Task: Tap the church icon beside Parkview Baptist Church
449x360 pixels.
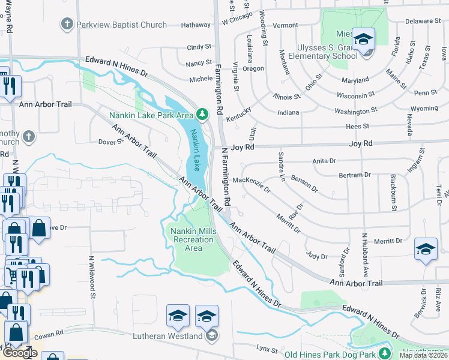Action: (x=67, y=25)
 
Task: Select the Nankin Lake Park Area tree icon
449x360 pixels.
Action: (x=202, y=113)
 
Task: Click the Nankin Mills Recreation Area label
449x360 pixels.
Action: (x=192, y=240)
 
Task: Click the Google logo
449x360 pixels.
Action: (x=20, y=353)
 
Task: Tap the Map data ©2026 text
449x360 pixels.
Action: (x=424, y=356)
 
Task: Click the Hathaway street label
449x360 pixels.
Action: (x=196, y=25)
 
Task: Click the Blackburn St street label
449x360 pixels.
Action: (x=394, y=192)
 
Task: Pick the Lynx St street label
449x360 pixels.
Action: (x=267, y=349)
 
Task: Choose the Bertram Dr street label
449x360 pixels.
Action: (x=355, y=175)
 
